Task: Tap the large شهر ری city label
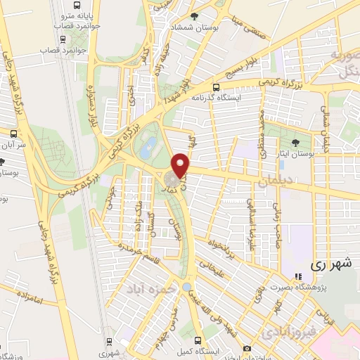pyautogui.click(x=330, y=265)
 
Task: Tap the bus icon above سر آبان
pyautogui.click(x=13, y=132)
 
